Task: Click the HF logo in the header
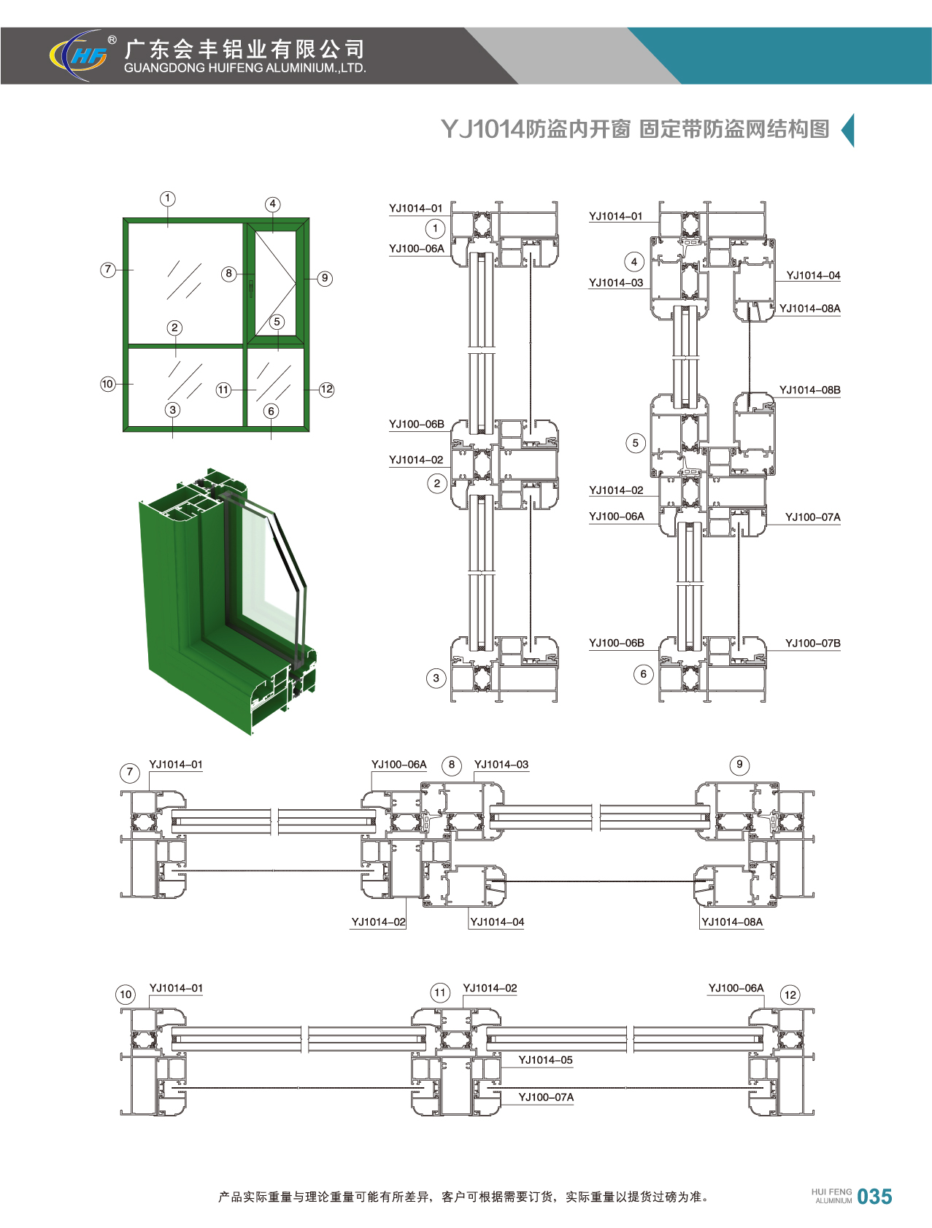(79, 55)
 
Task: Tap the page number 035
(874, 1197)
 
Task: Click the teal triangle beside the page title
(848, 131)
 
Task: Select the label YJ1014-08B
(809, 390)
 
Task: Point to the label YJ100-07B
(812, 644)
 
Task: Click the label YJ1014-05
(545, 1060)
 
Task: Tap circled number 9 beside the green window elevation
(325, 279)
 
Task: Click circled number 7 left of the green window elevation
(108, 270)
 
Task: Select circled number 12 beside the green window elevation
(326, 390)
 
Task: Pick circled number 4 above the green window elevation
(272, 204)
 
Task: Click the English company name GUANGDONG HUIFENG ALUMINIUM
(244, 69)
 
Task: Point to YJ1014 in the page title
(482, 129)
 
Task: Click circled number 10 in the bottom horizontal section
(126, 995)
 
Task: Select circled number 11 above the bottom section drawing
(439, 992)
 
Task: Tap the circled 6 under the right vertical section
(643, 674)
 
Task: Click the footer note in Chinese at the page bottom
(464, 1197)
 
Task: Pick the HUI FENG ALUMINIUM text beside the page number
(831, 1196)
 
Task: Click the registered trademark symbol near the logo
(112, 40)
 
